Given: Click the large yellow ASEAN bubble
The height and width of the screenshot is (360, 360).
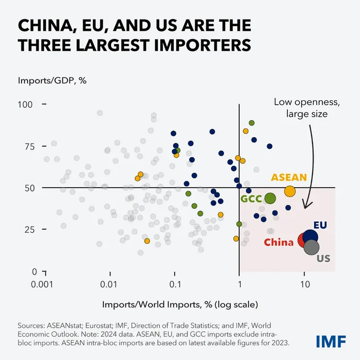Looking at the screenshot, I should coord(289,191).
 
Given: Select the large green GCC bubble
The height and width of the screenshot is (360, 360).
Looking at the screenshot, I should coord(270,198).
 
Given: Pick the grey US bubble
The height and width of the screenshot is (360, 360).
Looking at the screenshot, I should coord(312,247).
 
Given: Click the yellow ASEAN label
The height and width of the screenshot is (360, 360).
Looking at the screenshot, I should coord(289,177).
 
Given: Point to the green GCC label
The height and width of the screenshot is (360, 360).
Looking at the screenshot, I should coord(251,199).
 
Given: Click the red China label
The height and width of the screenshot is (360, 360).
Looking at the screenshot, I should coord(279,242).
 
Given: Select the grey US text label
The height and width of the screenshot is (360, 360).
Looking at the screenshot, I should coord(323,259).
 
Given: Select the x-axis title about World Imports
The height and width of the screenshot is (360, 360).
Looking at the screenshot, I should coord(180,305).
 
